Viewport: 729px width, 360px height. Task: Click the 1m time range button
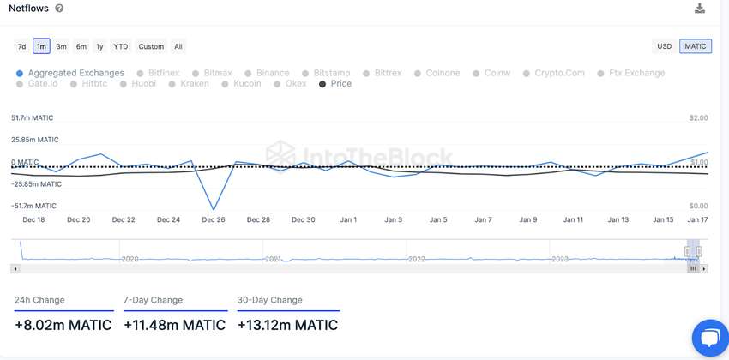tap(41, 46)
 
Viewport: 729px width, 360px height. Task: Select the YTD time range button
tap(121, 46)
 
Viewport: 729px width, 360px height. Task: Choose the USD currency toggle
tap(664, 46)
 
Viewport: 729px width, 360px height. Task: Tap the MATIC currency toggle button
tap(696, 46)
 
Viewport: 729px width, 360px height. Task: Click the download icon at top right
tap(700, 9)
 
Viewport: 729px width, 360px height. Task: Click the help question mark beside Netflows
tap(59, 9)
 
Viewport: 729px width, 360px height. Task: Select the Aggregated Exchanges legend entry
tap(75, 73)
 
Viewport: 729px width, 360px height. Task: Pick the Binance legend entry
tap(273, 73)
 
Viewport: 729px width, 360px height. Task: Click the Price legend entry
tap(340, 84)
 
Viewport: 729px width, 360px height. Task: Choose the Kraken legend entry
tap(195, 84)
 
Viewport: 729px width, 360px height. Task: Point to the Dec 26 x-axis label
tap(214, 220)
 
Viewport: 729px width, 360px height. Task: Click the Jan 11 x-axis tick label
tap(573, 220)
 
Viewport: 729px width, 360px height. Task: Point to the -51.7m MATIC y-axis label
tap(33, 206)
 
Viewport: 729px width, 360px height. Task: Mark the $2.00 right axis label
tap(698, 117)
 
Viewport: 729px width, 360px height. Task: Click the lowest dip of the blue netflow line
tap(214, 209)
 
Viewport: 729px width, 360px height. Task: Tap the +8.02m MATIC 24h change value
tap(63, 325)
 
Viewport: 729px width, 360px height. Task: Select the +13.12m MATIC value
tap(287, 325)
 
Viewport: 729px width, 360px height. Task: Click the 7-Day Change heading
tap(153, 300)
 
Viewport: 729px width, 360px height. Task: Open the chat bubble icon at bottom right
tap(709, 338)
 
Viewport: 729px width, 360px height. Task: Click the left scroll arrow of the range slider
tap(15, 268)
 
